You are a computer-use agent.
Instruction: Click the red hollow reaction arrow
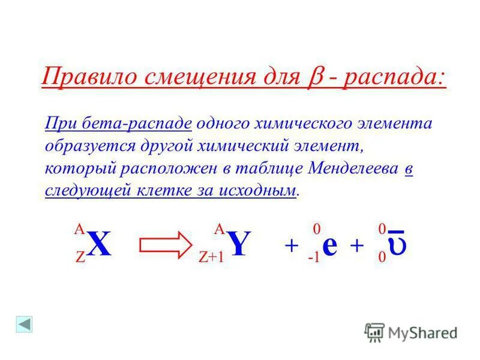[x=164, y=245]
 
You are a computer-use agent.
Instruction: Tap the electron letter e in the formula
[x=329, y=246]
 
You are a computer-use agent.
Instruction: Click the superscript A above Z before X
[x=79, y=229]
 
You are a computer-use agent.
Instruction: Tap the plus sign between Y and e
[x=291, y=246]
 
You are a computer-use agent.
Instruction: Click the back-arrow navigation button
[x=25, y=324]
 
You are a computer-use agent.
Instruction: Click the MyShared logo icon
[x=374, y=331]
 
